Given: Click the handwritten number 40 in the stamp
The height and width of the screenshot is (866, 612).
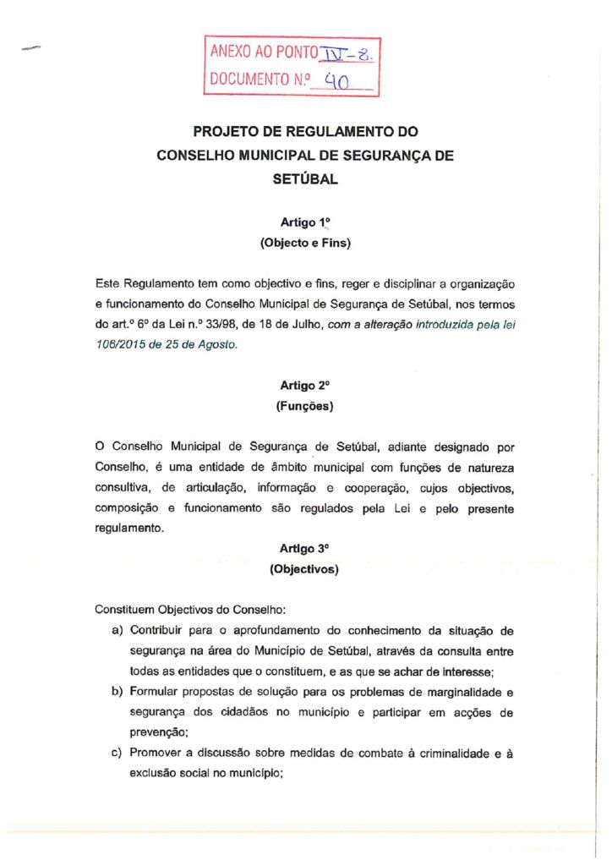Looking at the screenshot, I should (x=343, y=82).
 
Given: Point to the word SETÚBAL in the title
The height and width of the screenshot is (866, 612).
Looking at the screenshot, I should (x=305, y=179).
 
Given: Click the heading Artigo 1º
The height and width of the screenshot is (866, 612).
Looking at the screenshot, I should (x=305, y=222).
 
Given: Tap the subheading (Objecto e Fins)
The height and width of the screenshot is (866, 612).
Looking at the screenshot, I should (x=305, y=244).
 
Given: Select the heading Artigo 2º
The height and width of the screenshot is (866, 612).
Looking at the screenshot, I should (x=305, y=385).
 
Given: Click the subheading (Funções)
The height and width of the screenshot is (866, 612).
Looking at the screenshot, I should (x=305, y=406).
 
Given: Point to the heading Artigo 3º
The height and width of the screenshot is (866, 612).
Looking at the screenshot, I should (x=305, y=548).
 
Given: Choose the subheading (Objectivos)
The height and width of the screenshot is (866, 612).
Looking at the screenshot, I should (x=305, y=569).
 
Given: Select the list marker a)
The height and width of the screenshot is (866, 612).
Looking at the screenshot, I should (x=117, y=631).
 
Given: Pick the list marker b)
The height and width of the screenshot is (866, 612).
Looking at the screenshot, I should (x=117, y=692).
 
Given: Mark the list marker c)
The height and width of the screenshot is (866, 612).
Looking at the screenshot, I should (x=117, y=754).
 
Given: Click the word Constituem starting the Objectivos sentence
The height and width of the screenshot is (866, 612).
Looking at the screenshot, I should (x=125, y=609).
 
